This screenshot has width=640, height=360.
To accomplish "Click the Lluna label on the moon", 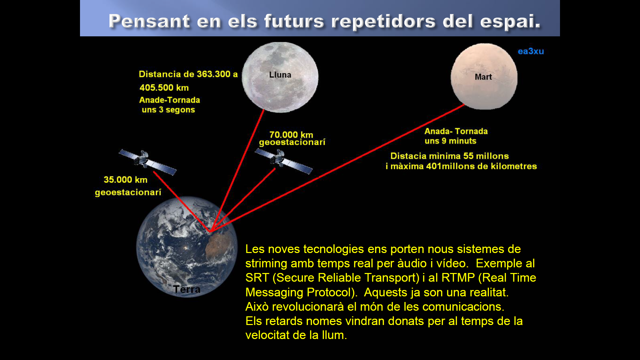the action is (x=280, y=75).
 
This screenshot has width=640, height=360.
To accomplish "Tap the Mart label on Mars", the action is (x=483, y=77).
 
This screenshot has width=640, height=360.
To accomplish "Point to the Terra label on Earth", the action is (x=187, y=289).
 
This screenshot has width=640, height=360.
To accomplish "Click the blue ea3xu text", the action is (x=531, y=51).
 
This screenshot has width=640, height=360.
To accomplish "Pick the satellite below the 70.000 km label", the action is (x=283, y=161).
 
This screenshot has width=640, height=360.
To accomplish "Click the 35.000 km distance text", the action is (x=125, y=180).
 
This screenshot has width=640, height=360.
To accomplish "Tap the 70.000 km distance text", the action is (x=291, y=135).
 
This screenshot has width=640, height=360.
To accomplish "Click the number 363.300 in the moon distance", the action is (x=214, y=74).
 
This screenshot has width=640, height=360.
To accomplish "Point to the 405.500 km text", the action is (x=164, y=88).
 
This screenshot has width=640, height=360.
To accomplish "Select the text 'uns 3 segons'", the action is (x=168, y=110).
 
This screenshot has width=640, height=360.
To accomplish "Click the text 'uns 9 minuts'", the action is (x=450, y=141).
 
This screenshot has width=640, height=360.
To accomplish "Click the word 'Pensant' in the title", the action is (x=149, y=21).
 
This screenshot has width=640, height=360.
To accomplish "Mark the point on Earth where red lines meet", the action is (x=210, y=231).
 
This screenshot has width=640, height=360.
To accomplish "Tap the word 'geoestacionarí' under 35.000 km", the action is (x=128, y=193).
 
